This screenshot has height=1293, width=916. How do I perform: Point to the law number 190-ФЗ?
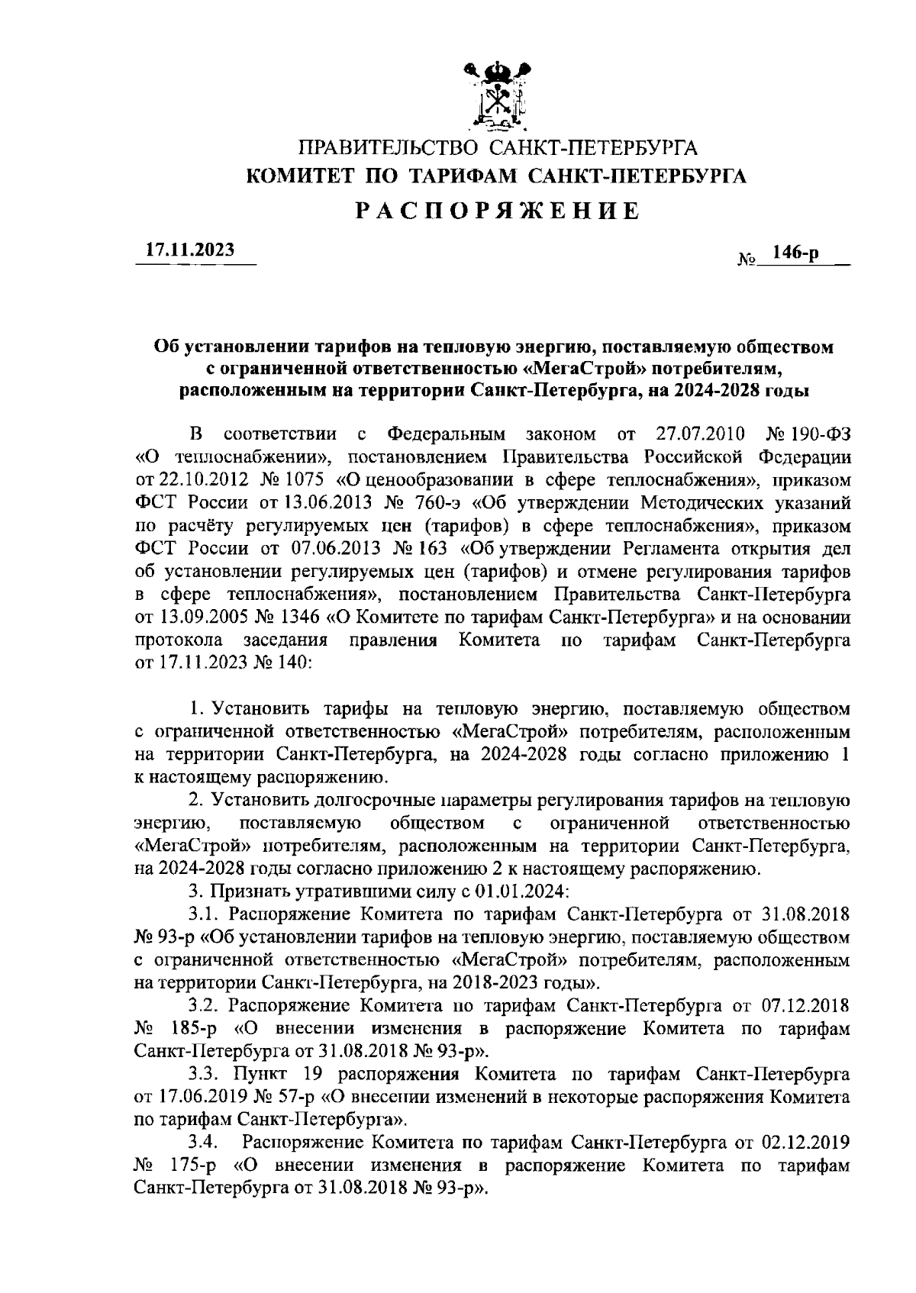pyautogui.click(x=818, y=435)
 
